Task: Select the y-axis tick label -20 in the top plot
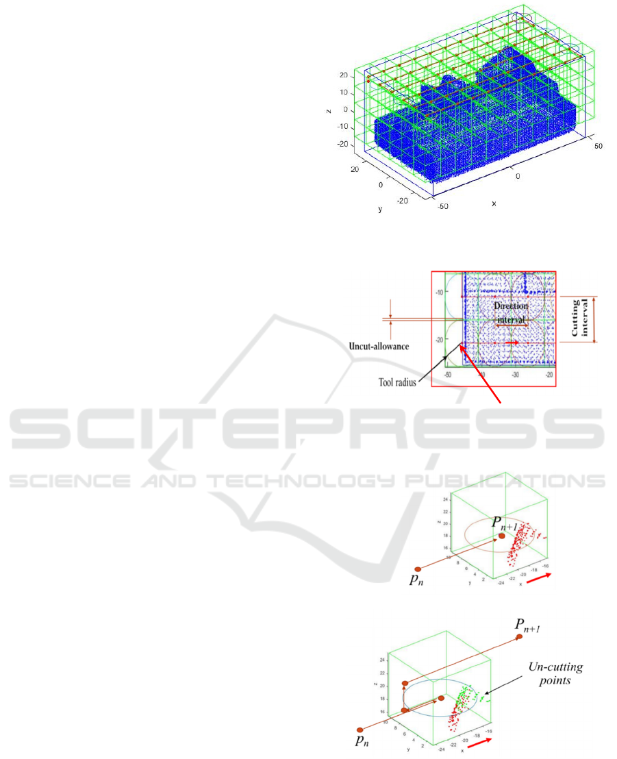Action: (x=403, y=200)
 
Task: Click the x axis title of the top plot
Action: (x=493, y=203)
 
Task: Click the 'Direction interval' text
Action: (x=506, y=312)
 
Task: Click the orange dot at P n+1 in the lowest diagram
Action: (x=520, y=638)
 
